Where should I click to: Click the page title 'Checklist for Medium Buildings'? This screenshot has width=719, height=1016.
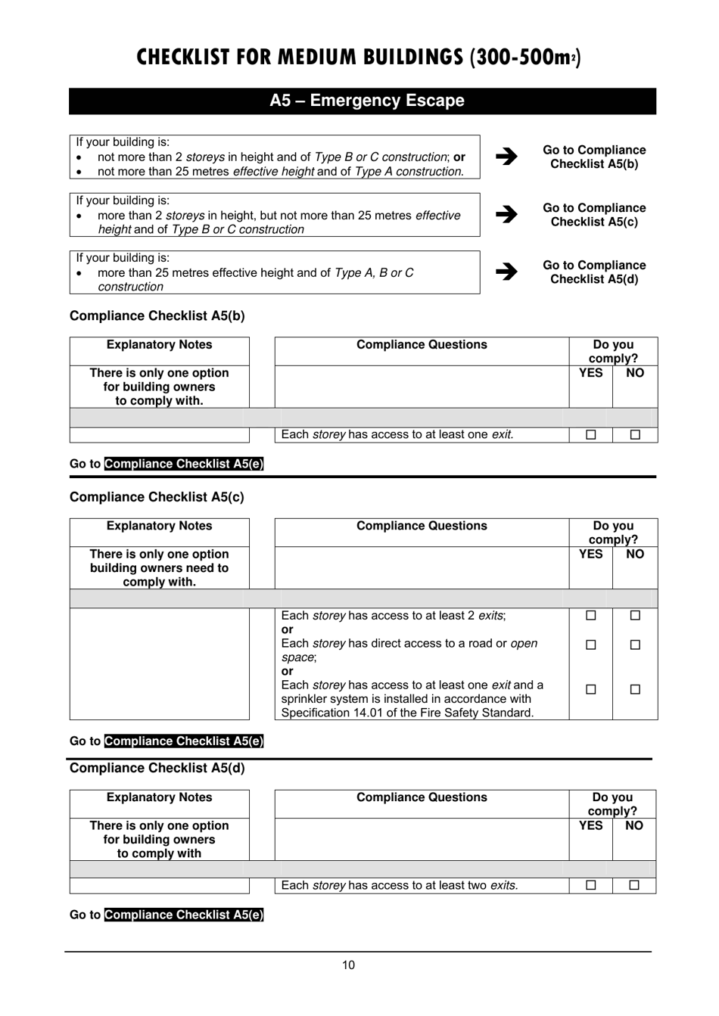359,57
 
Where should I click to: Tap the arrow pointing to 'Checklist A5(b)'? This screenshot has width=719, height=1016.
506,157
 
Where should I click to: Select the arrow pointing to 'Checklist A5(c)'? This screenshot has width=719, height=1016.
506,214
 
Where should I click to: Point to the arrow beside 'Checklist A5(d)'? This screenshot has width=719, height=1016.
506,272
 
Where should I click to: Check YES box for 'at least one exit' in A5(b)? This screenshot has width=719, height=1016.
590,434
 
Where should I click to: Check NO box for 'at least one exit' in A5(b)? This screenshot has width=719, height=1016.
635,434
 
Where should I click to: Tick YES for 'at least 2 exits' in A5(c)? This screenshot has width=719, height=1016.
590,616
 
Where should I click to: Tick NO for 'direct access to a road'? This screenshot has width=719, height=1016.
635,645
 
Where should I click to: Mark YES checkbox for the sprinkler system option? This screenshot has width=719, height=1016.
590,689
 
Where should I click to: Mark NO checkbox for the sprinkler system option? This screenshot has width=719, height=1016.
635,689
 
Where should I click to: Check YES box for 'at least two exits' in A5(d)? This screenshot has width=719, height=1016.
590,885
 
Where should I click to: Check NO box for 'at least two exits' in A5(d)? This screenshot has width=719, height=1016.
634,885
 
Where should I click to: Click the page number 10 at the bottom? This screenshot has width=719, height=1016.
348,965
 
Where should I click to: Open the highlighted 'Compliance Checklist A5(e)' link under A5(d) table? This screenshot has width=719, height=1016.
184,915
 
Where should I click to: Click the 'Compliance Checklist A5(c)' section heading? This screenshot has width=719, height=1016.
157,497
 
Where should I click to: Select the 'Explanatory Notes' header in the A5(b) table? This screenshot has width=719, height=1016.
159,345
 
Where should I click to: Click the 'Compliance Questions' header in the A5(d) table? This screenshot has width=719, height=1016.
422,797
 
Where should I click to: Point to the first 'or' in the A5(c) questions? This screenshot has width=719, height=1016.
288,629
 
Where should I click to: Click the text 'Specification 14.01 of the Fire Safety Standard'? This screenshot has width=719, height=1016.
407,713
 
